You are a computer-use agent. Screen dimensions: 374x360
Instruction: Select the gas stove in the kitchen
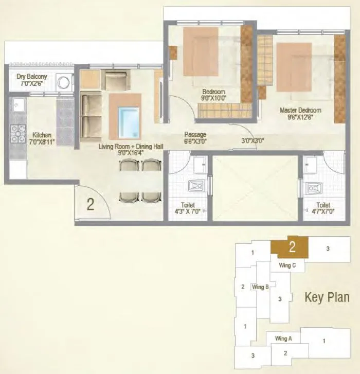click(19, 133)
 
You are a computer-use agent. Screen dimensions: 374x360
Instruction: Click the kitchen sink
click(19, 106)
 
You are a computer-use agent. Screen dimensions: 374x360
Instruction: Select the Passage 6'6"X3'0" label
click(195, 138)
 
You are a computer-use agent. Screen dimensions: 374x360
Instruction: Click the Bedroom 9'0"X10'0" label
click(213, 95)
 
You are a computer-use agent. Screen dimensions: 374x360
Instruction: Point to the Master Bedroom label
click(300, 113)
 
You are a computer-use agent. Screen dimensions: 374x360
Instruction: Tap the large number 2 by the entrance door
click(91, 204)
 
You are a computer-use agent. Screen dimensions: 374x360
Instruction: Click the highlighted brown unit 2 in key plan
click(291, 247)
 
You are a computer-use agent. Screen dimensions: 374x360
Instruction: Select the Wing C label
click(287, 265)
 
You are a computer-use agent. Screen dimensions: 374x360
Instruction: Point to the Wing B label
click(260, 287)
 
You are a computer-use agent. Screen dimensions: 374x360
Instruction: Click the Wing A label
click(283, 339)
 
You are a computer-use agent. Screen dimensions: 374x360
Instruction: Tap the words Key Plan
click(327, 297)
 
